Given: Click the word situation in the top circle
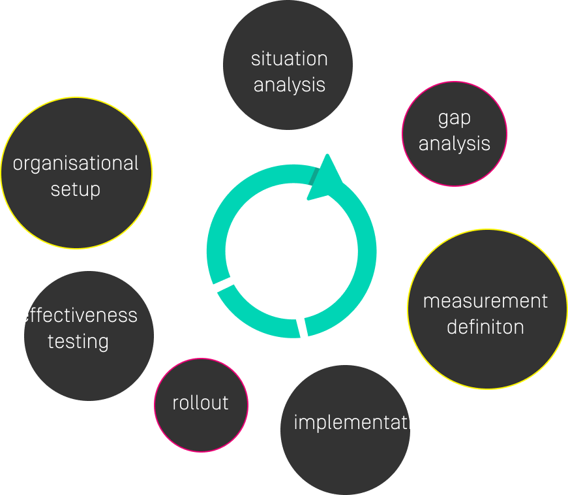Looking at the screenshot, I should point(289,59).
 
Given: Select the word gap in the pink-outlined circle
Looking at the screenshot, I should point(455,118).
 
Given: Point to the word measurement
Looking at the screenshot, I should point(485,301).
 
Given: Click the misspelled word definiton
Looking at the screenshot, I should point(485,327).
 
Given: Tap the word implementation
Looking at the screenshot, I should point(364,422).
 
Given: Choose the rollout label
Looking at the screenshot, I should point(200,403).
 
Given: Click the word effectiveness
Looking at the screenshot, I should point(78,315).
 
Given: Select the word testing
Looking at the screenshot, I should point(78,342).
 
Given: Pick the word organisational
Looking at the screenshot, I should point(76,163).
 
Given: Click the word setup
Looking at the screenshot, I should point(76,190).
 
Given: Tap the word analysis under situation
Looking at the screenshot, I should point(289,85).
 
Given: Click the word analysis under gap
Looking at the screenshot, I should point(455,144).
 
